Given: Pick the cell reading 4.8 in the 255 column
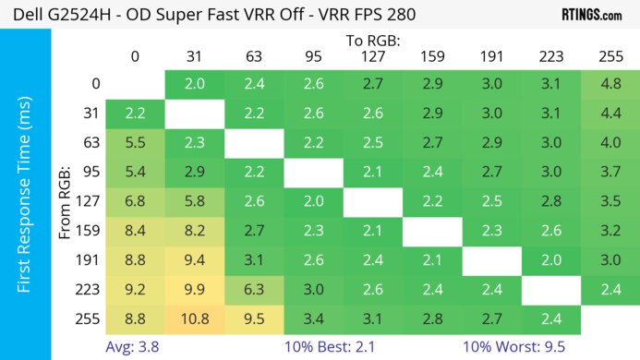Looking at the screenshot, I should coord(610,84).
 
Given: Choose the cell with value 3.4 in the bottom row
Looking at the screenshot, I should coord(313,321).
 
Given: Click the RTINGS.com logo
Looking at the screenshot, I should coord(591,15).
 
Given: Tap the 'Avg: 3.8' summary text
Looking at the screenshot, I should coord(134,348).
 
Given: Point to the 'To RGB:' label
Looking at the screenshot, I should coord(371,41).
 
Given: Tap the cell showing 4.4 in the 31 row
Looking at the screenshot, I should coord(610,114).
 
